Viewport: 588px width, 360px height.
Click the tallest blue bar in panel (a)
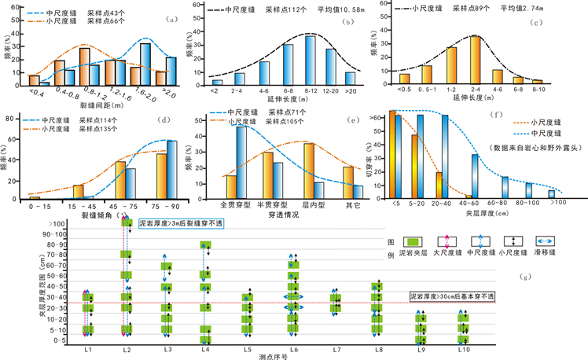click(145, 64)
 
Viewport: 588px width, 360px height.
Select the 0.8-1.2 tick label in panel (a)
click(90, 93)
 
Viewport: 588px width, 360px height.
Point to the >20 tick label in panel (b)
click(350, 90)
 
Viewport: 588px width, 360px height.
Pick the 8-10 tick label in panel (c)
click(537, 89)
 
